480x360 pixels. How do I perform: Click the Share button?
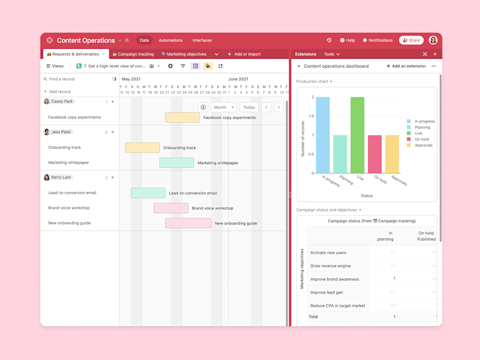pos(411,41)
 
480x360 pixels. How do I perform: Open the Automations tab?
pos(170,41)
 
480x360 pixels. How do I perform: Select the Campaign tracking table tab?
pos(133,54)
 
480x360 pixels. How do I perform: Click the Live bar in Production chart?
pos(358,135)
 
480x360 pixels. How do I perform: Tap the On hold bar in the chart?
pos(374,154)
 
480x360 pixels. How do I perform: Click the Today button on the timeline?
pos(249,107)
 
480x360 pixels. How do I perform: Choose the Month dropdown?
pos(223,107)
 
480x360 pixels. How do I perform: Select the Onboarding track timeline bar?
pos(143,148)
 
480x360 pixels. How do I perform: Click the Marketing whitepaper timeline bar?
pos(177,163)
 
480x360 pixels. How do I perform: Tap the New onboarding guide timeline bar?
pos(188,223)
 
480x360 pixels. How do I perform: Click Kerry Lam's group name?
pos(61,177)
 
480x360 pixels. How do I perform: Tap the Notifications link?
pos(377,41)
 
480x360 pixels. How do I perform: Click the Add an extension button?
pos(406,66)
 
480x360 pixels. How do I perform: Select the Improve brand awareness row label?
pos(334,279)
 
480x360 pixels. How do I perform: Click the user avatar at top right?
pos(433,41)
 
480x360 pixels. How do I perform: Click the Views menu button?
pos(55,66)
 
